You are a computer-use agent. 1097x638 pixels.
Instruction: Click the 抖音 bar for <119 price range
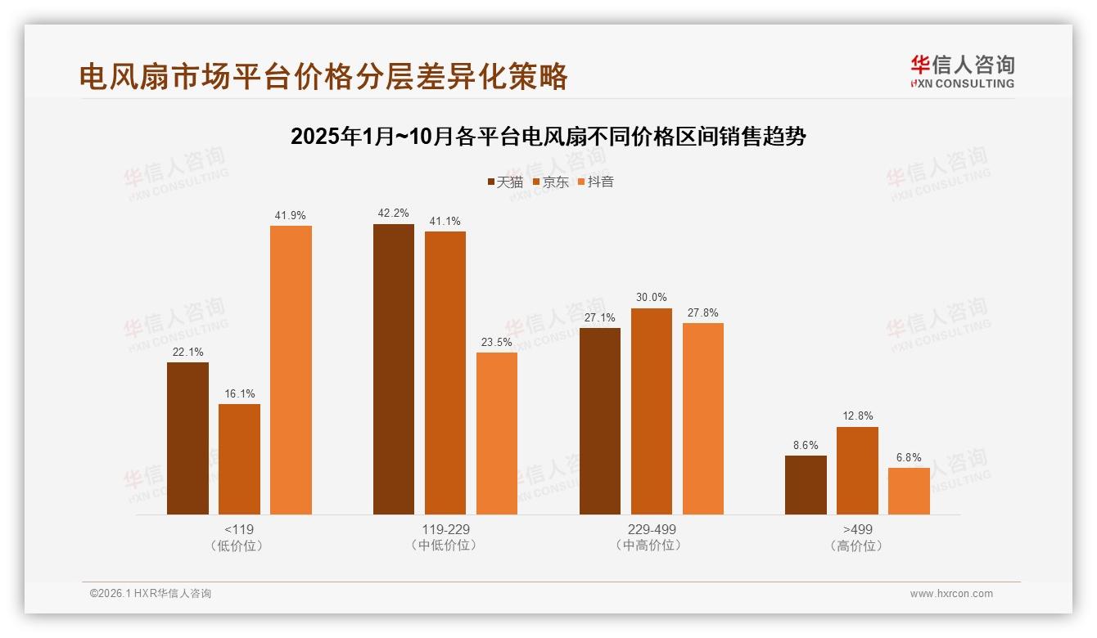point(291,370)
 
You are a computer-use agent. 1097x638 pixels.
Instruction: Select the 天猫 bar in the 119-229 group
point(394,369)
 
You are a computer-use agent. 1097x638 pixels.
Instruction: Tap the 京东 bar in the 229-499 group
point(651,411)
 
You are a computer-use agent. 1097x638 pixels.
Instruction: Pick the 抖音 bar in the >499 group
point(909,491)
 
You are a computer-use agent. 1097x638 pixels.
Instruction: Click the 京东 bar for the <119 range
point(239,459)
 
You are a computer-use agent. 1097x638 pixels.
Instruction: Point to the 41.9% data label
point(291,216)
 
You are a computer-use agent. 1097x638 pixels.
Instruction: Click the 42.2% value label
point(394,213)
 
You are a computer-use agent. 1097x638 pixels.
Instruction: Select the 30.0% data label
point(651,298)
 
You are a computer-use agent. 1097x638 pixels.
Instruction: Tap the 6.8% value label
point(909,457)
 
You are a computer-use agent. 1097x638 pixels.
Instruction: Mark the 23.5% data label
point(497,342)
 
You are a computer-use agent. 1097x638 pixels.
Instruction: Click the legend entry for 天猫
point(505,182)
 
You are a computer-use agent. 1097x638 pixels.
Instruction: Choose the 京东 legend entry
point(550,182)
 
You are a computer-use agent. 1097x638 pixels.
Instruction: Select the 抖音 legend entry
point(596,182)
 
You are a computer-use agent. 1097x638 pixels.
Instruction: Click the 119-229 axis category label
point(445,529)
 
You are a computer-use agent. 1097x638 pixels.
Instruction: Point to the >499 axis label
point(857,529)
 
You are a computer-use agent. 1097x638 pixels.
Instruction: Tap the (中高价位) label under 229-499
point(651,546)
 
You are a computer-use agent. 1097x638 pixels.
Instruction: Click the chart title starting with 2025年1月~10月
point(548,137)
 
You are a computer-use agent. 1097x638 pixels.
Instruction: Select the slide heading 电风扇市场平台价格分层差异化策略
point(323,76)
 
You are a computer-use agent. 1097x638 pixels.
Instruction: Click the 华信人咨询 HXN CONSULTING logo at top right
point(962,71)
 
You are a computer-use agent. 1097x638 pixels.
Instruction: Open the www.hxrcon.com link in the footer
point(951,594)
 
